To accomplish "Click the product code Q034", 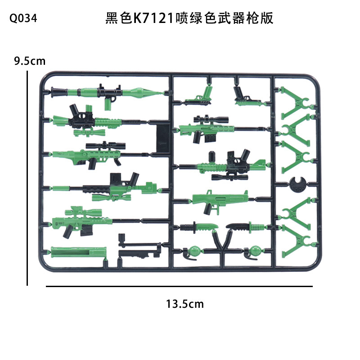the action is point(22,19).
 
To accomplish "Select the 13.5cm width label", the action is point(184,304).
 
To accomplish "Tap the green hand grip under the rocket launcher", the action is point(108,103).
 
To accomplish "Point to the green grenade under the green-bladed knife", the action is point(194,250).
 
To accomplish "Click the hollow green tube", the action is point(79,252).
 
